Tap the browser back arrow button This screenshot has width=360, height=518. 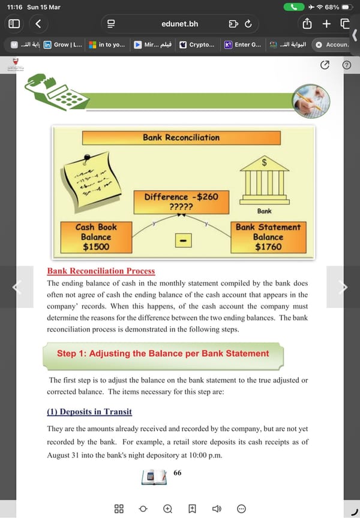tap(38, 23)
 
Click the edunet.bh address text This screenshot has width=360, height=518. tap(179, 24)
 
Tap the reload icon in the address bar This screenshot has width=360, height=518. tap(248, 24)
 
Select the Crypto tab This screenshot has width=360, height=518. tap(197, 44)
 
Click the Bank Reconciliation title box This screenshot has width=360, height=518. tap(181, 137)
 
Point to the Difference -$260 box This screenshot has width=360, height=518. tap(181, 201)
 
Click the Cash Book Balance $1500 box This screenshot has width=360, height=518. tap(96, 236)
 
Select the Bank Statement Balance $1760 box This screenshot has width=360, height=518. tap(268, 236)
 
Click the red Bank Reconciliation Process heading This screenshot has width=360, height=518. tap(101, 271)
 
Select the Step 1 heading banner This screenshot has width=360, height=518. tap(163, 354)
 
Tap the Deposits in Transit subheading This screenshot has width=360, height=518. tap(89, 412)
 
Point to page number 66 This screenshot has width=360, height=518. tap(177, 472)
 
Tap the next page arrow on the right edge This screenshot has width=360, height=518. tap(343, 287)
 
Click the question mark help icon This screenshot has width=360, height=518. tap(346, 65)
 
